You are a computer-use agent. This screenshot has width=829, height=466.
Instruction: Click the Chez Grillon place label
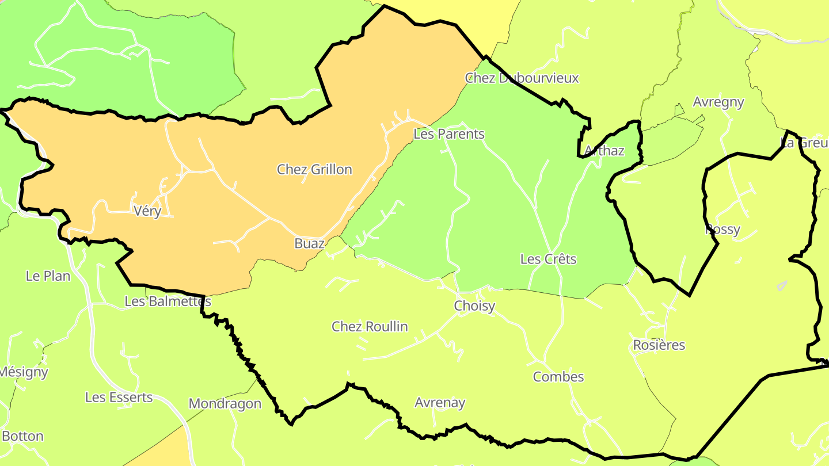click(314, 170)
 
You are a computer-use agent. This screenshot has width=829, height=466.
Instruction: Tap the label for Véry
click(147, 211)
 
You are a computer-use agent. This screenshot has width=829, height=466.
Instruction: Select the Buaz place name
click(309, 243)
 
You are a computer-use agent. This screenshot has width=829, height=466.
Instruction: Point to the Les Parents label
click(449, 134)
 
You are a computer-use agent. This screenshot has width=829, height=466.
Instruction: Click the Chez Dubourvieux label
click(522, 78)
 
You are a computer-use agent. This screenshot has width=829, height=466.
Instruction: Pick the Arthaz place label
click(604, 151)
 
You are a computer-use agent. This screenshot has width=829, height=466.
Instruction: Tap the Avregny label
click(718, 102)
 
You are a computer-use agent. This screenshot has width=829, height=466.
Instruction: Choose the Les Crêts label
click(548, 259)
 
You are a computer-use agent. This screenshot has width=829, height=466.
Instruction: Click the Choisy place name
click(474, 306)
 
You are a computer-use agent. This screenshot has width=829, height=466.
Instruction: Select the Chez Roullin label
click(370, 327)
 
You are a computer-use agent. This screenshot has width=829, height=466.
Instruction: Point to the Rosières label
click(659, 345)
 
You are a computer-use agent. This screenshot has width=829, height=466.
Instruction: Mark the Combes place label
click(558, 377)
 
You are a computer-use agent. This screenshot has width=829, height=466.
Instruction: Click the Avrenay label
click(440, 403)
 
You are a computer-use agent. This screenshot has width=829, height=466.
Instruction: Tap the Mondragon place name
click(225, 404)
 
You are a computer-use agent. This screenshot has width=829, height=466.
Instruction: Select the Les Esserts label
click(119, 398)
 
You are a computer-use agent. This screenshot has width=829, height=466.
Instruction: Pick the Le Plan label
click(48, 276)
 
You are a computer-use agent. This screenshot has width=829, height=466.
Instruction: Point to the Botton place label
click(23, 436)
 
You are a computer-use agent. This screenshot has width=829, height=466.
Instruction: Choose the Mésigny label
click(24, 372)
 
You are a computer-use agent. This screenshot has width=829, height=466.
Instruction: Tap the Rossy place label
click(722, 230)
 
